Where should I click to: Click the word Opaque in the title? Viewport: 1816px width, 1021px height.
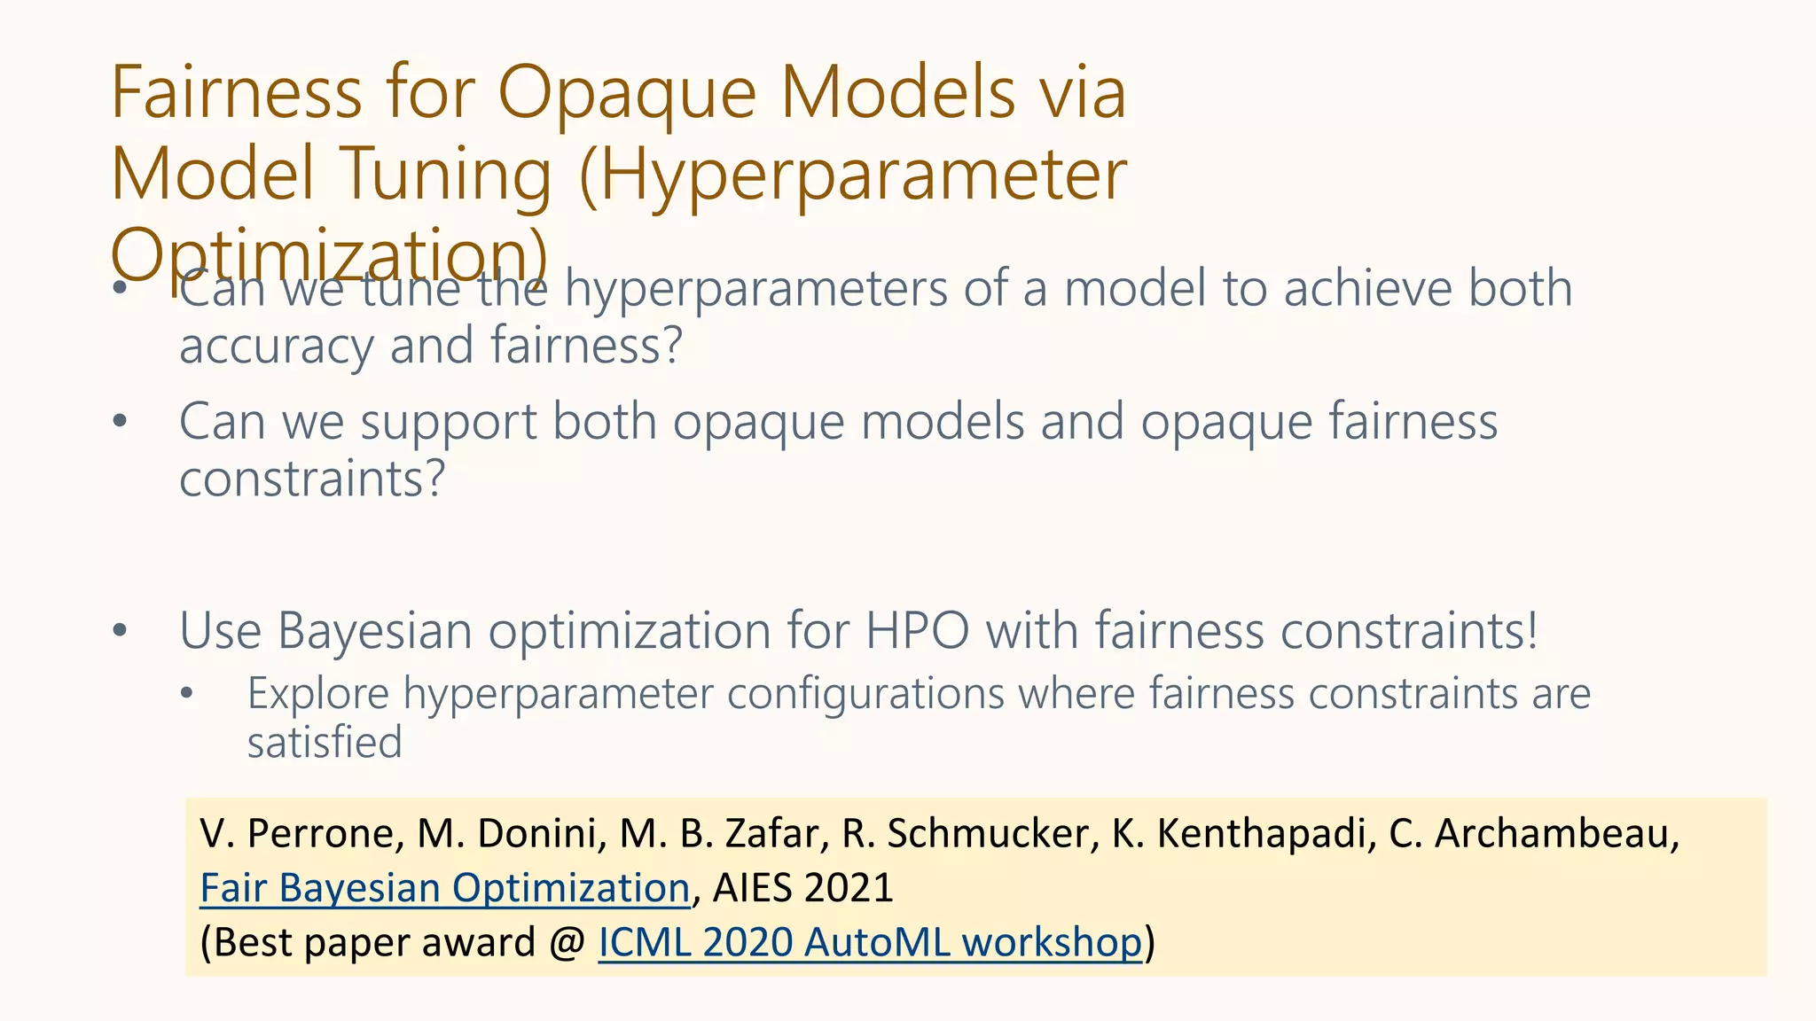pos(626,93)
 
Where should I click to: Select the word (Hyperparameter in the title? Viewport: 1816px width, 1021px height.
pos(852,175)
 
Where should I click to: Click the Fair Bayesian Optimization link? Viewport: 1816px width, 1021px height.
pos(444,888)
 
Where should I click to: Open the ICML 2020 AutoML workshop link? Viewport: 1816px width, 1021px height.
pos(870,942)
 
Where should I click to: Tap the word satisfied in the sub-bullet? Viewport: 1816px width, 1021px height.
pos(325,743)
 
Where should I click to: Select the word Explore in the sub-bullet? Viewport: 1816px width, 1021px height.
pos(317,694)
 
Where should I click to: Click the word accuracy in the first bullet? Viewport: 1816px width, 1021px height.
pos(276,346)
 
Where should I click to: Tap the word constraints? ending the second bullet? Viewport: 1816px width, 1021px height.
pos(311,479)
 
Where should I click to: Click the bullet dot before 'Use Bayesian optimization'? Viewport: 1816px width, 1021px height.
pos(121,632)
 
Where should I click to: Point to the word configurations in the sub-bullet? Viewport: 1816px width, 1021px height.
pos(865,694)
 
